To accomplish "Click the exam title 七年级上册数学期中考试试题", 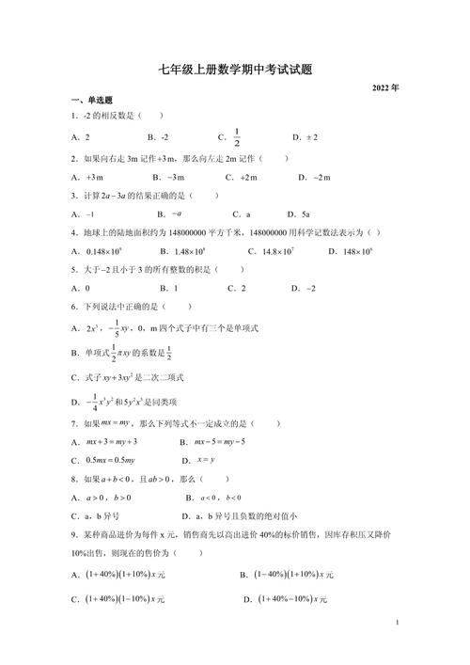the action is (235, 69).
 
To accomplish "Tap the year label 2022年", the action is (385, 87).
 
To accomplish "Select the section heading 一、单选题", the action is (92, 101).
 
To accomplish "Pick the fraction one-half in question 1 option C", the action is (237, 136).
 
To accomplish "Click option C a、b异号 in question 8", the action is (96, 516).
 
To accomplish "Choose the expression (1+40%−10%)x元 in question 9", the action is (288, 599).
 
